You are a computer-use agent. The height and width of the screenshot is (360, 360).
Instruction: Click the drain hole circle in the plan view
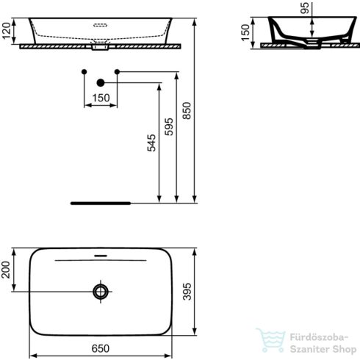(x=101, y=292)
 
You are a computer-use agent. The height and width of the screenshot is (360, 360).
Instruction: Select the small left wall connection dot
(x=83, y=71)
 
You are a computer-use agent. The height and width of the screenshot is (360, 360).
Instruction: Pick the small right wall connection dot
(x=118, y=71)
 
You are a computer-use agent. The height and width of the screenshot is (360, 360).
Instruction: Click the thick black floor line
(x=100, y=201)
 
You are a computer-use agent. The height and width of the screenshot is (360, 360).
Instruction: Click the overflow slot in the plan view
(x=101, y=256)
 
